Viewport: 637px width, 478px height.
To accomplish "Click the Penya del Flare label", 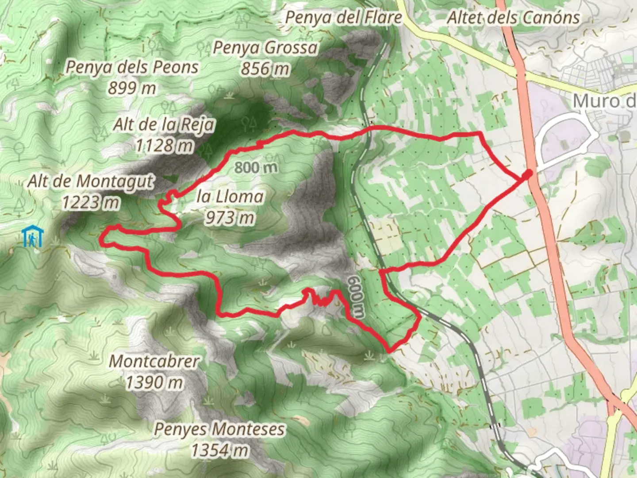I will (343, 18).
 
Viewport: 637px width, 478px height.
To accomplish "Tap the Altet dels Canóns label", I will (513, 18).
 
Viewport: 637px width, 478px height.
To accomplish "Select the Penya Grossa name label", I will (265, 48).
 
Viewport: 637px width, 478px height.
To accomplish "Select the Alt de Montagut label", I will (91, 181).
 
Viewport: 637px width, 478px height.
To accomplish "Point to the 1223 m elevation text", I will (91, 202).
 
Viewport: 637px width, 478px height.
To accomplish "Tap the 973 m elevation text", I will (230, 217).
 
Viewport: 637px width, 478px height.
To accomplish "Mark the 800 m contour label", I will (256, 167).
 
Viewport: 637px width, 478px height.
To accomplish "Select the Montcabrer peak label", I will (154, 361).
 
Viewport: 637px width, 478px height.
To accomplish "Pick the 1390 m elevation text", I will (154, 382).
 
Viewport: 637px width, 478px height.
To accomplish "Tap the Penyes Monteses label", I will (219, 429).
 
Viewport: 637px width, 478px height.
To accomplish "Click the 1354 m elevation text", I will (219, 450).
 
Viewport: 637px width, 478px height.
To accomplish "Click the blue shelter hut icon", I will (33, 237).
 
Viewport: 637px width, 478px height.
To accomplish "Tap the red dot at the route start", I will (527, 175).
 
